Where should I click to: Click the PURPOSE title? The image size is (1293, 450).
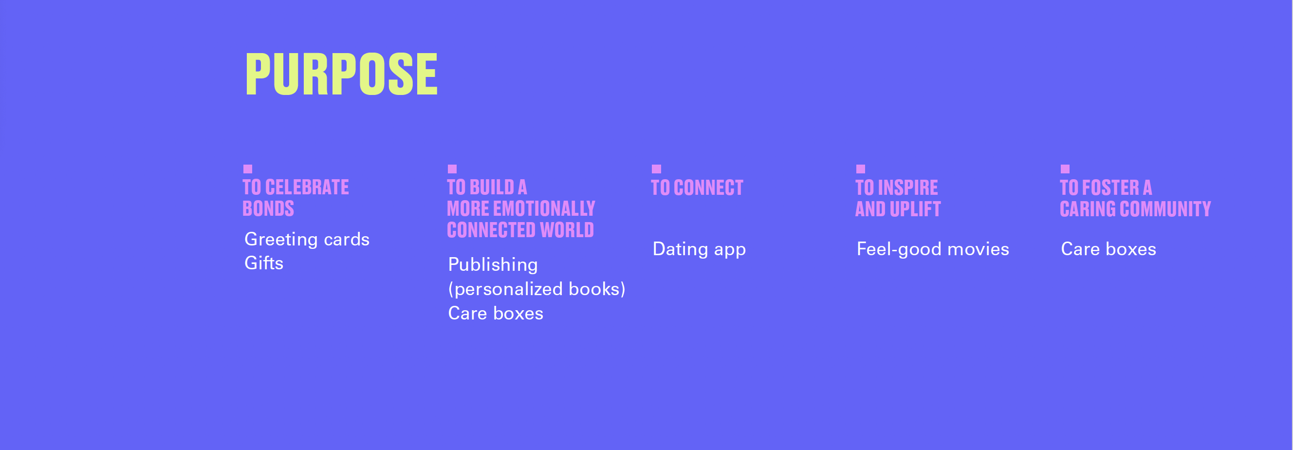[x=341, y=75]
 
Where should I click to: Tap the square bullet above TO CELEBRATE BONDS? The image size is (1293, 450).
[x=247, y=169]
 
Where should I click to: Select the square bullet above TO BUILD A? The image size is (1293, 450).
[x=452, y=169]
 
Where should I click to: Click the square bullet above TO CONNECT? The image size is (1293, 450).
[x=657, y=169]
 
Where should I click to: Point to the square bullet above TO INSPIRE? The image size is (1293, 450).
[x=860, y=169]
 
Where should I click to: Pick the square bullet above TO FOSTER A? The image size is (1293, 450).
[x=1065, y=169]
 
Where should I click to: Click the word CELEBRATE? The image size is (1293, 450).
[x=307, y=187]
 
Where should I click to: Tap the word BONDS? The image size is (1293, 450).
[x=268, y=208]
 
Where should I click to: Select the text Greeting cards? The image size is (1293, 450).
[x=307, y=240]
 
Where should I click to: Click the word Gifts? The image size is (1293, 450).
[x=264, y=262]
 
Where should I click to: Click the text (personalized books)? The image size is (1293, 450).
[x=536, y=289]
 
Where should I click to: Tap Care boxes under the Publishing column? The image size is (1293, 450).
[x=496, y=314]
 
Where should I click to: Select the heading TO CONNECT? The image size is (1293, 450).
[x=697, y=188]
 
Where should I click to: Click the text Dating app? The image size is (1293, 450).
[x=699, y=250]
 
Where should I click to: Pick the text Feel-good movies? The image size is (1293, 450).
[x=933, y=250]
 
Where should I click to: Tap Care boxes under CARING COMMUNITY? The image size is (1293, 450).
[x=1108, y=249]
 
